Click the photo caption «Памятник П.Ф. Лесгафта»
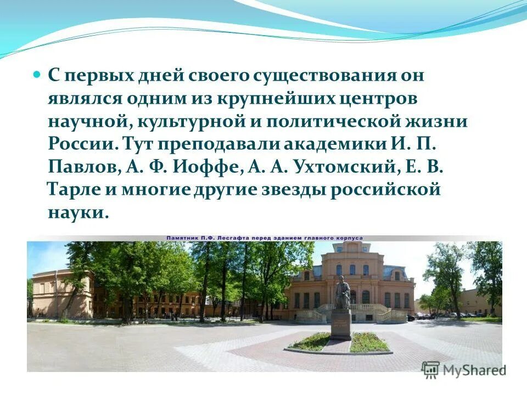click(x=220, y=238)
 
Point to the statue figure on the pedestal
click(x=342, y=293)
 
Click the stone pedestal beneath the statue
click(x=341, y=324)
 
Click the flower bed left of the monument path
click(x=311, y=342)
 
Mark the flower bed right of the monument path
click(x=369, y=342)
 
